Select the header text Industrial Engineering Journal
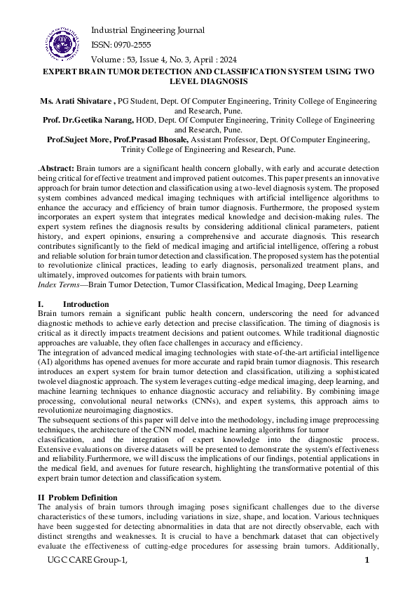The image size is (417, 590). click(148, 30)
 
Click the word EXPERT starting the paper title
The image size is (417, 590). click(61, 72)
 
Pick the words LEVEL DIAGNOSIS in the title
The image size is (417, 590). click(208, 82)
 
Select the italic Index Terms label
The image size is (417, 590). click(60, 284)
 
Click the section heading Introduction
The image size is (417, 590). click(86, 304)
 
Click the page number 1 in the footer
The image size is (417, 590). click(367, 560)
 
